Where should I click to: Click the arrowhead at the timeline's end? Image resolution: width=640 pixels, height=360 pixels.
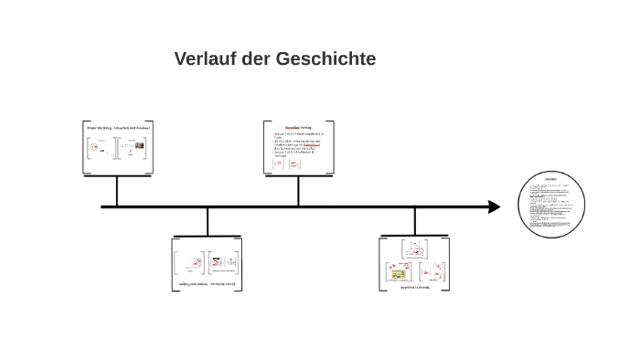[494, 206]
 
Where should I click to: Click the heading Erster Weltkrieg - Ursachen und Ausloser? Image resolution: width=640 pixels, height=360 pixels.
[117, 129]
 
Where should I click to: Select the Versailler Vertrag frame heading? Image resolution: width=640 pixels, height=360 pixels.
[297, 127]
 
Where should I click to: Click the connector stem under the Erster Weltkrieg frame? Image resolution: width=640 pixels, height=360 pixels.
[117, 190]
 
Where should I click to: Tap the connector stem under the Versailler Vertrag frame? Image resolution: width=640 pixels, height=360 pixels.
[297, 190]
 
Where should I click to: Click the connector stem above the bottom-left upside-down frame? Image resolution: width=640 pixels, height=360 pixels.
[208, 222]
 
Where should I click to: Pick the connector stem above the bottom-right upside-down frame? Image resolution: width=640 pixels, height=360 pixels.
[414, 222]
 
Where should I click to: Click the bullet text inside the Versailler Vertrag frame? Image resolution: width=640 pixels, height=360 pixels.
[297, 146]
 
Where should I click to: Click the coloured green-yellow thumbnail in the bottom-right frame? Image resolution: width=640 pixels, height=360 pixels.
[398, 273]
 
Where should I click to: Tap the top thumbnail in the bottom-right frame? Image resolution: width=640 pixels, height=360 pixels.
[414, 249]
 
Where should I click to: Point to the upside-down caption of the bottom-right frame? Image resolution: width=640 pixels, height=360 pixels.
[414, 287]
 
